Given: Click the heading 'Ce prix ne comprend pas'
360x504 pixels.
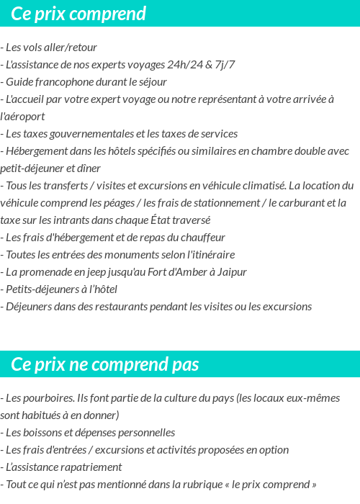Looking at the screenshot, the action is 105,364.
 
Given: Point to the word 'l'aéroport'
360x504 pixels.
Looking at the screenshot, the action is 23,116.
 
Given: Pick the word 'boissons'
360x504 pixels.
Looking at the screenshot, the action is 47,432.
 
